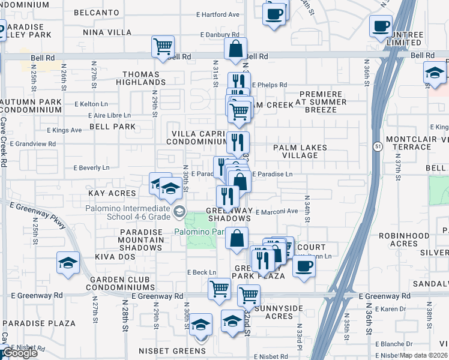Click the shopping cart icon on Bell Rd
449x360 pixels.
(163, 46)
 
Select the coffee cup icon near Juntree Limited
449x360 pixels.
(381, 26)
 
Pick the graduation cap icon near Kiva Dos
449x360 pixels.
(68, 262)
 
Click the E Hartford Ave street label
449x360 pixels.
(217, 14)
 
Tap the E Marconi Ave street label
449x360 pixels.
(277, 211)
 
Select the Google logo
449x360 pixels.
(20, 353)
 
